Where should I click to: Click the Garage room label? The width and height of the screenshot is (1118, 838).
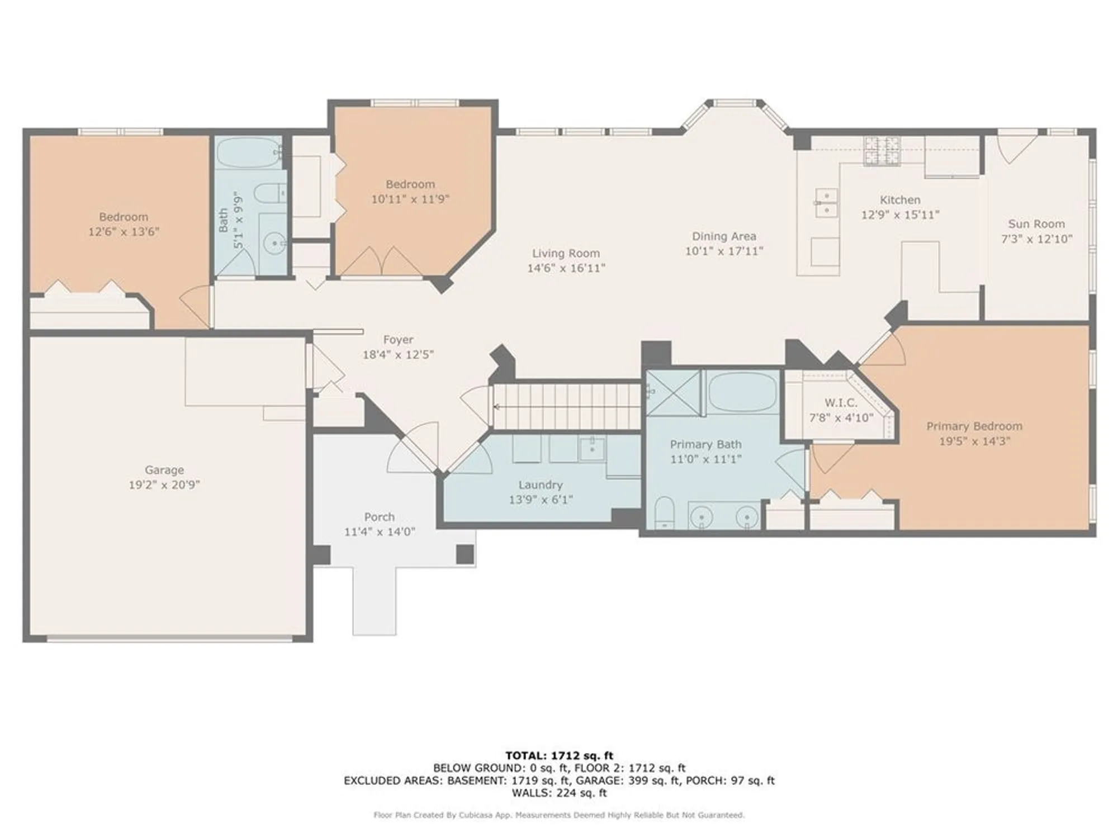click(x=164, y=470)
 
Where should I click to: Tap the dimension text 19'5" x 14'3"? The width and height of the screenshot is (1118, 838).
click(x=974, y=441)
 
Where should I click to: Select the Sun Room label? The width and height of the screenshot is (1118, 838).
click(x=1036, y=223)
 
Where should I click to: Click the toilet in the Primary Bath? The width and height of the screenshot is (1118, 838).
click(x=664, y=511)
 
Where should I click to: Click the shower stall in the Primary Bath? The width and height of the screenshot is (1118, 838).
click(x=674, y=392)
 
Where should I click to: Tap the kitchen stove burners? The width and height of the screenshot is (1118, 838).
click(x=883, y=151)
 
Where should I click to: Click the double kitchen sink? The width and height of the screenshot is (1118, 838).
click(x=826, y=202)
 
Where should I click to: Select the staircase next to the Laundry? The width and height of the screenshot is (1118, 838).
click(x=566, y=406)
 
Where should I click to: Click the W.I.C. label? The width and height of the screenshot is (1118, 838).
click(x=840, y=402)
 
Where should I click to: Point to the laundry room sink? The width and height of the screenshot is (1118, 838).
click(x=591, y=447)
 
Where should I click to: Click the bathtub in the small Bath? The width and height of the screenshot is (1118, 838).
click(x=248, y=153)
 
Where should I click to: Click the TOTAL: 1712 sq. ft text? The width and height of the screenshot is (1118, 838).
click(x=559, y=756)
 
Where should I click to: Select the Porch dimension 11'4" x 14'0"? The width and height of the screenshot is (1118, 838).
click(x=380, y=532)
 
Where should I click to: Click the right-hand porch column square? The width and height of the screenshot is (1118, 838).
click(x=465, y=554)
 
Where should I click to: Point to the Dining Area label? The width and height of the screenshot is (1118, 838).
click(x=724, y=236)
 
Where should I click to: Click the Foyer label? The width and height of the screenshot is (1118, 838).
click(x=398, y=339)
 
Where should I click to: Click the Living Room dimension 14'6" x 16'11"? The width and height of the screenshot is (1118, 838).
click(x=566, y=268)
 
